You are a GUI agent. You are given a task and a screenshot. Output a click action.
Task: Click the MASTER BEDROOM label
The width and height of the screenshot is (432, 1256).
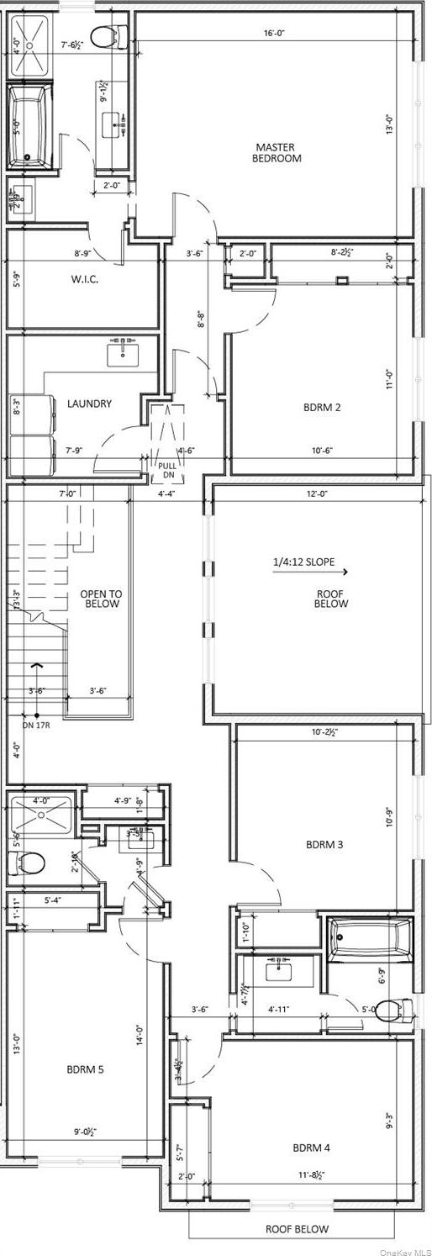pyautogui.click(x=277, y=152)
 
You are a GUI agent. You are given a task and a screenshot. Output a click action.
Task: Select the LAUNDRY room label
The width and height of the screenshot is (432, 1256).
pyautogui.click(x=89, y=404)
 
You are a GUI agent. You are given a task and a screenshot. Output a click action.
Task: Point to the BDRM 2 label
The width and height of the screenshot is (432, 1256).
pyautogui.click(x=323, y=408)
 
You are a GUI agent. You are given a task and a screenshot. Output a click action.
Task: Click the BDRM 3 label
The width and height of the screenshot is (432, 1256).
pyautogui.click(x=324, y=844)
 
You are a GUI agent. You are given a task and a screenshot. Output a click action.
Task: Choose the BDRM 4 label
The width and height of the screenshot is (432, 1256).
pyautogui.click(x=312, y=1148)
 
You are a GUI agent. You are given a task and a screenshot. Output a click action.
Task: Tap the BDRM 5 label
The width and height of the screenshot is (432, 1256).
pyautogui.click(x=86, y=1069)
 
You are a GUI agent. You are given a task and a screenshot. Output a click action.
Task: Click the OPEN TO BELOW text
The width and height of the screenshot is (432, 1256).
pyautogui.click(x=101, y=599)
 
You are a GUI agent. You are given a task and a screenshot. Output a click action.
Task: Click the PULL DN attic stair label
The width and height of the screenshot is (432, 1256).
pyautogui.click(x=167, y=469)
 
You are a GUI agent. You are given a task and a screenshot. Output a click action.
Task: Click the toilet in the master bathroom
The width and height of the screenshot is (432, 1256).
pyautogui.click(x=105, y=36)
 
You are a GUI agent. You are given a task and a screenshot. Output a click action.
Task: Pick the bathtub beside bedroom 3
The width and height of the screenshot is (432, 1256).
pyautogui.click(x=370, y=939)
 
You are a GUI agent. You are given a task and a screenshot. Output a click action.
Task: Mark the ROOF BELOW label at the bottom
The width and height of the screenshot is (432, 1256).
pyautogui.click(x=298, y=1228)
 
